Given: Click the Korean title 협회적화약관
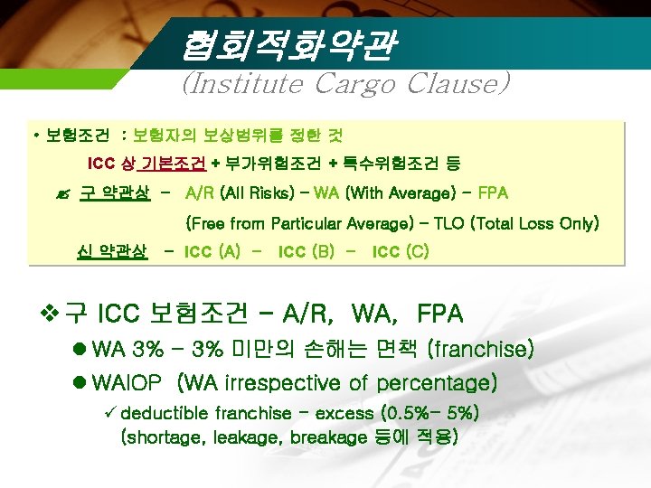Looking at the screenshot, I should point(288,45).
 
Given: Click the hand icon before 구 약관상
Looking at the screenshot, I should point(63,193).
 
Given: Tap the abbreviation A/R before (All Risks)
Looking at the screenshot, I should point(199,192).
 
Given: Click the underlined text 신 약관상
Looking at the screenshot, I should point(112,250).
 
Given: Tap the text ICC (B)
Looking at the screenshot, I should point(307,250).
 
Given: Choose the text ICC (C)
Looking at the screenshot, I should point(401,250).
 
